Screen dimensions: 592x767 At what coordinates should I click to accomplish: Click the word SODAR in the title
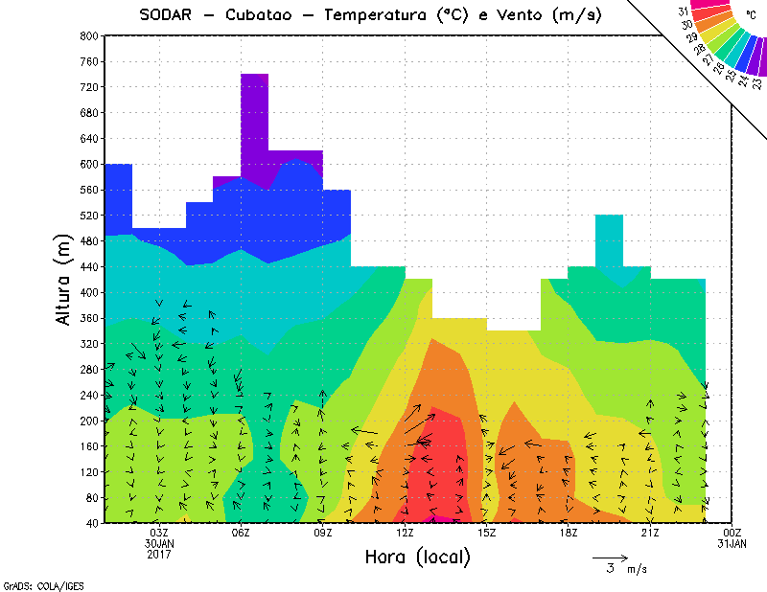pyautogui.click(x=164, y=14)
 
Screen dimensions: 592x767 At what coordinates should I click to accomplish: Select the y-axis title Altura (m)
pyautogui.click(x=64, y=279)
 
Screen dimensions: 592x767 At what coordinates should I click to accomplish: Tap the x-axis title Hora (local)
pyautogui.click(x=418, y=557)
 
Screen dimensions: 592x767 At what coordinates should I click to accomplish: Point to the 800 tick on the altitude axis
pyautogui.click(x=89, y=35)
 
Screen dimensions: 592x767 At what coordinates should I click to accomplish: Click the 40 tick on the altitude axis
pyautogui.click(x=92, y=523)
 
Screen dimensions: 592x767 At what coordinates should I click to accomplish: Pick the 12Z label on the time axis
pyautogui.click(x=405, y=533)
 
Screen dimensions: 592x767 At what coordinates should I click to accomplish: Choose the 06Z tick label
pyautogui.click(x=242, y=533)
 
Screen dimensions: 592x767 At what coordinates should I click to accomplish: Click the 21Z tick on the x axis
pyautogui.click(x=650, y=533)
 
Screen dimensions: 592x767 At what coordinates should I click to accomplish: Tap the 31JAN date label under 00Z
pyautogui.click(x=732, y=543)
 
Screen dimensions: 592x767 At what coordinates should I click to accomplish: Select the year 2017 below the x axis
pyautogui.click(x=159, y=553)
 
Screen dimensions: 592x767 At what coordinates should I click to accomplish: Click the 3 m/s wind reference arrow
pyautogui.click(x=609, y=557)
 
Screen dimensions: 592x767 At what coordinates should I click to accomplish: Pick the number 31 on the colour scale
pyautogui.click(x=684, y=11)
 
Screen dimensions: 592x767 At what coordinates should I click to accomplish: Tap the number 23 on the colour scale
pyautogui.click(x=756, y=83)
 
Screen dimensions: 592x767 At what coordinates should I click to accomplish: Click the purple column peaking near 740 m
pyautogui.click(x=254, y=110)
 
